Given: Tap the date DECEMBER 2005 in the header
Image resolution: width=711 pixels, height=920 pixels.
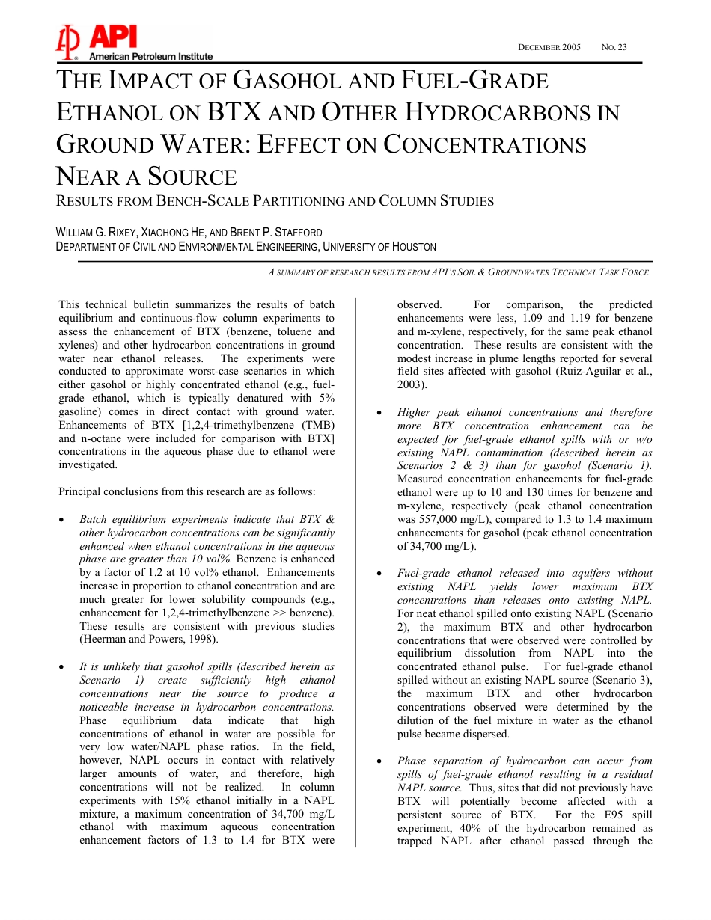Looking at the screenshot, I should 549,48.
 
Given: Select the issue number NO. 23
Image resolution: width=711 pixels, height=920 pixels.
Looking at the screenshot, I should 614,48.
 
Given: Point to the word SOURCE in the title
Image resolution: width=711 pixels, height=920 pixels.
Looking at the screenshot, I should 192,177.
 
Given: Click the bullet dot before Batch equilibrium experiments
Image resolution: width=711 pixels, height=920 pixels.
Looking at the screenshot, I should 64,520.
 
